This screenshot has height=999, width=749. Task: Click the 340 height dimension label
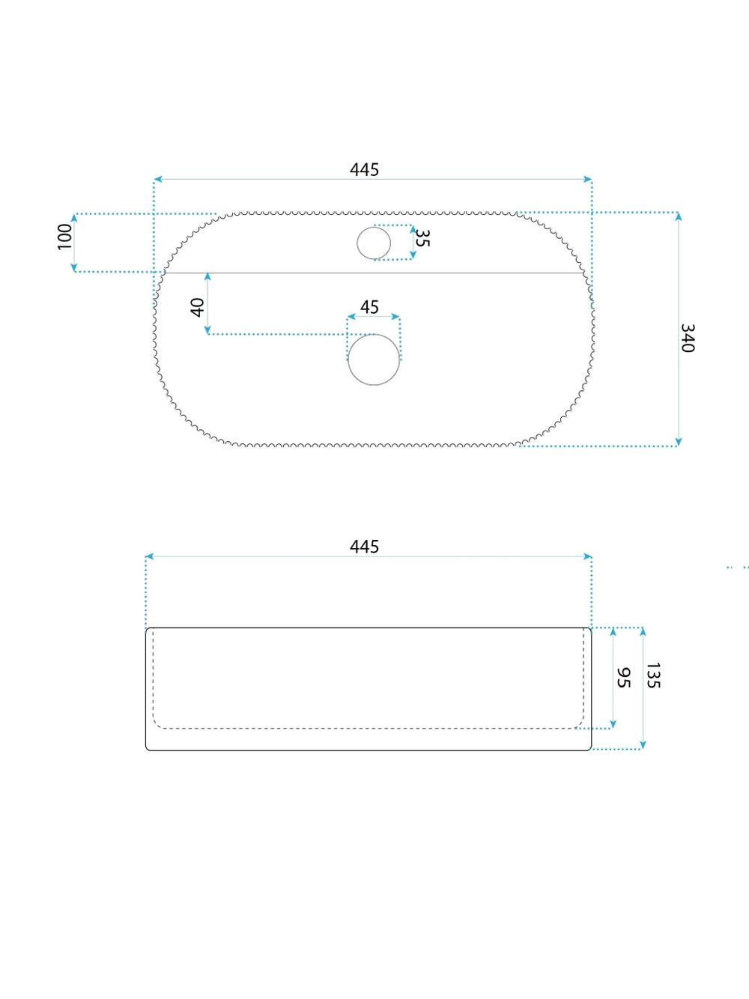[x=687, y=338]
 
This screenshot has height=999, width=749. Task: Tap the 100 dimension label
[x=64, y=237]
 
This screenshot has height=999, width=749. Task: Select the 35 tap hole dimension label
[x=422, y=237]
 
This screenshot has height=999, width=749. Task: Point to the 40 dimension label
[x=198, y=307]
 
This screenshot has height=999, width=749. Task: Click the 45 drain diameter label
[x=369, y=307]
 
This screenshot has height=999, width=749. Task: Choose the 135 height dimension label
[x=653, y=675]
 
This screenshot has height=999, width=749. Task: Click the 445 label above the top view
[x=364, y=170]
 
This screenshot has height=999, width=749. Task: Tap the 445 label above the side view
[x=364, y=547]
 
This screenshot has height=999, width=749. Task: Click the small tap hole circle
[x=374, y=227]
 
